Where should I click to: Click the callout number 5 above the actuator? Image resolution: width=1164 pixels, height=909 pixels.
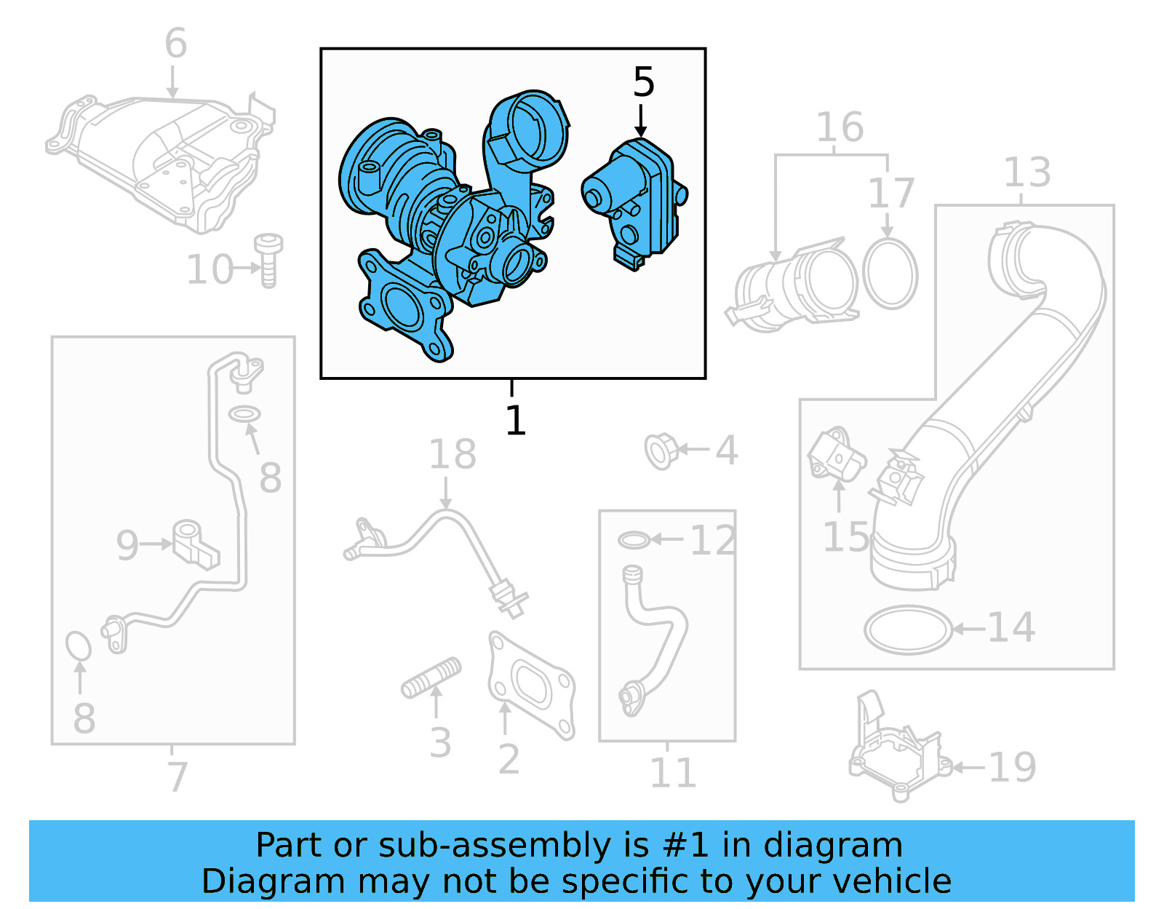pyautogui.click(x=643, y=82)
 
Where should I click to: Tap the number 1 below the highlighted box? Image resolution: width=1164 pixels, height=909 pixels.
pyautogui.click(x=515, y=421)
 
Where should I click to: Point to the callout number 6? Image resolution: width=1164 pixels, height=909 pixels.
pyautogui.click(x=175, y=43)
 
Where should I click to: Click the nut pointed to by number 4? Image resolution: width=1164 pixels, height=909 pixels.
pyautogui.click(x=661, y=450)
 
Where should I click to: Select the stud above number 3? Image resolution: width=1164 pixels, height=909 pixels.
pyautogui.click(x=431, y=678)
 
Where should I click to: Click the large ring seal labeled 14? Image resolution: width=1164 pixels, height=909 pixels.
pyautogui.click(x=908, y=630)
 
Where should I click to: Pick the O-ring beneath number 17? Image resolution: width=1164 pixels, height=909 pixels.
pyautogui.click(x=890, y=274)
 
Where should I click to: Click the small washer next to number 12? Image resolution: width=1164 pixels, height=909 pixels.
pyautogui.click(x=634, y=540)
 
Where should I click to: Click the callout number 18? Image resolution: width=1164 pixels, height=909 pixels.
pyautogui.click(x=452, y=454)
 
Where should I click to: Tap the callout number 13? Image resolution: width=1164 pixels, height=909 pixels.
pyautogui.click(x=1027, y=172)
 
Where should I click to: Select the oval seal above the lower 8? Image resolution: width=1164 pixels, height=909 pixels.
pyautogui.click(x=78, y=646)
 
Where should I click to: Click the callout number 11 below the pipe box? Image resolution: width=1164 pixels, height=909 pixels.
pyautogui.click(x=672, y=773)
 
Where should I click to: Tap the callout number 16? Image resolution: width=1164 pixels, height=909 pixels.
pyautogui.click(x=840, y=127)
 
